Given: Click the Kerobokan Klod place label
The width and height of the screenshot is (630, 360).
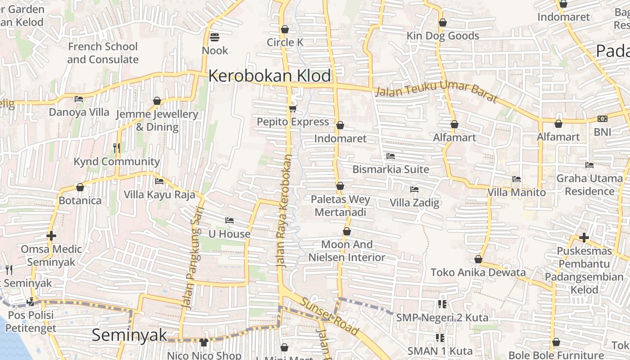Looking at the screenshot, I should click(270, 76).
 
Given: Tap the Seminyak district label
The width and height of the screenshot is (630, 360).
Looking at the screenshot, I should click(130, 335).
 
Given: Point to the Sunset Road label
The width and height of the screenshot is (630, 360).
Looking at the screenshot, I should click(330, 316).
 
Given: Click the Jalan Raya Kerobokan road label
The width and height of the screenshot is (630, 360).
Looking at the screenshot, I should click(285, 211).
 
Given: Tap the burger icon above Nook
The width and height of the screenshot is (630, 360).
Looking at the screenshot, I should click(215, 37).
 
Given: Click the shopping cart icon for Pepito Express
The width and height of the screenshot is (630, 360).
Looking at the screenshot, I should click(292, 108).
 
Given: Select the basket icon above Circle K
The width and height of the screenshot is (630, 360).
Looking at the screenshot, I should click(284, 29).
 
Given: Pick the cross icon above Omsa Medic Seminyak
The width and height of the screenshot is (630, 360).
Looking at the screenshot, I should click(51, 236).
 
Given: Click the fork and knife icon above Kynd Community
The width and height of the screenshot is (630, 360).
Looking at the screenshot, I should click(117, 148).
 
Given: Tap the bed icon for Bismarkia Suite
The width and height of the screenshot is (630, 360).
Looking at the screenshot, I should click(391, 156).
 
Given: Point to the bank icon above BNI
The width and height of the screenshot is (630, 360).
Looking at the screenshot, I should click(603, 119).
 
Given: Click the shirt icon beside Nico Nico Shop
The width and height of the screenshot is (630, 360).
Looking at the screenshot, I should click(203, 342).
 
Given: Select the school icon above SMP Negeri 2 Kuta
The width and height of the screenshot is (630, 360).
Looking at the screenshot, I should click(442, 304).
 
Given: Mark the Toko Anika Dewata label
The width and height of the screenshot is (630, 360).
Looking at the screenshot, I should click(478, 272).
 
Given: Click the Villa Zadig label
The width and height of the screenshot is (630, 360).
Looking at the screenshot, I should click(414, 202).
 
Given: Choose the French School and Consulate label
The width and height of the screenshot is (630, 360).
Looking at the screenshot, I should click(103, 53).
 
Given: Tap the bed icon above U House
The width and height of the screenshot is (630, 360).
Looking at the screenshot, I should click(229, 220).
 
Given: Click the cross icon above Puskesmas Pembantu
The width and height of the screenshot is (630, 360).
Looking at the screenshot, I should click(584, 237).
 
